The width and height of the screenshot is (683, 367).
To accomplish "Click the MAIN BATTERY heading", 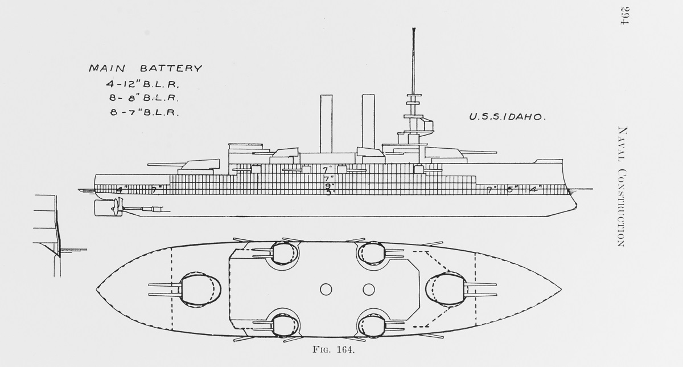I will [145, 68].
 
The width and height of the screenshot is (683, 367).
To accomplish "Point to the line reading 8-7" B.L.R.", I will [145, 112].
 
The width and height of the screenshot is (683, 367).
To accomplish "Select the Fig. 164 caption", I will [335, 350].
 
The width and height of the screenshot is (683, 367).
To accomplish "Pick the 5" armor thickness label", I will [511, 190].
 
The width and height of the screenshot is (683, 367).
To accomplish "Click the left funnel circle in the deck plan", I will [326, 289].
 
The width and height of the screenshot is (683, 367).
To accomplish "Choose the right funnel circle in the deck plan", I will [368, 289].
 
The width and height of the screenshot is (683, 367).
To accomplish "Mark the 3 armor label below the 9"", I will [328, 193].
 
